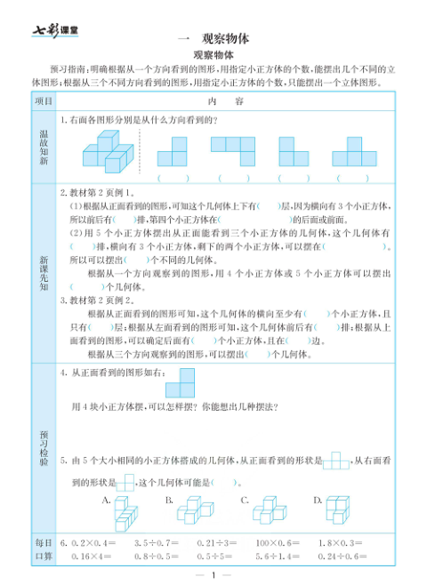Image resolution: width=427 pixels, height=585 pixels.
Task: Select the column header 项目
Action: tap(44, 102)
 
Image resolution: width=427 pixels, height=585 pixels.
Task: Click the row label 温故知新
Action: tap(44, 147)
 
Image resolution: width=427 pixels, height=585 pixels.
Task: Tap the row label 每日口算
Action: tap(44, 549)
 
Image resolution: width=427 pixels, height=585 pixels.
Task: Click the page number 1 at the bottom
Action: tap(213, 575)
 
